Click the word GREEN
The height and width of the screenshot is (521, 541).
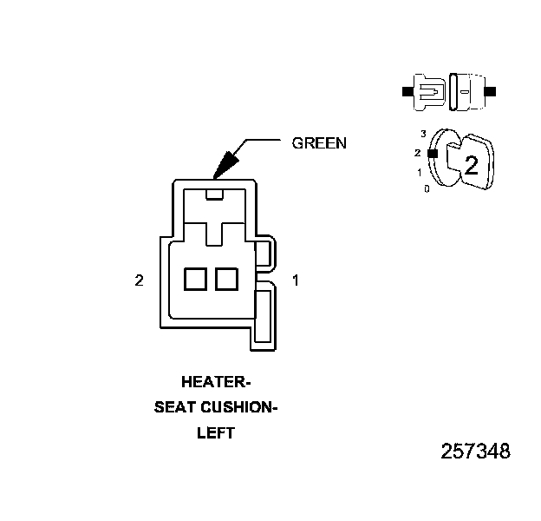(x=318, y=143)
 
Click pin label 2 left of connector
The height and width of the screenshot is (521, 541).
(x=139, y=280)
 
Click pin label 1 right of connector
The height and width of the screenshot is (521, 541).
(x=296, y=280)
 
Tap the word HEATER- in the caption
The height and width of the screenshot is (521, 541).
(x=215, y=381)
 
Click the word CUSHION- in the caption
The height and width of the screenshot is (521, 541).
(x=238, y=407)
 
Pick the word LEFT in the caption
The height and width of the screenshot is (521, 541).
(x=216, y=433)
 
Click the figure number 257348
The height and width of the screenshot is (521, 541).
(x=475, y=452)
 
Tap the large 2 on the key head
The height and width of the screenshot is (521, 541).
(x=471, y=166)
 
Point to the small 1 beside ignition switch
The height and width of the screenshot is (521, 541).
(x=420, y=172)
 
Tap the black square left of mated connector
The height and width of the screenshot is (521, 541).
(x=407, y=90)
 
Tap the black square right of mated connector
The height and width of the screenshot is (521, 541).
(x=491, y=90)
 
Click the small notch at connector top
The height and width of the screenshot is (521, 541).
(x=215, y=193)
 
